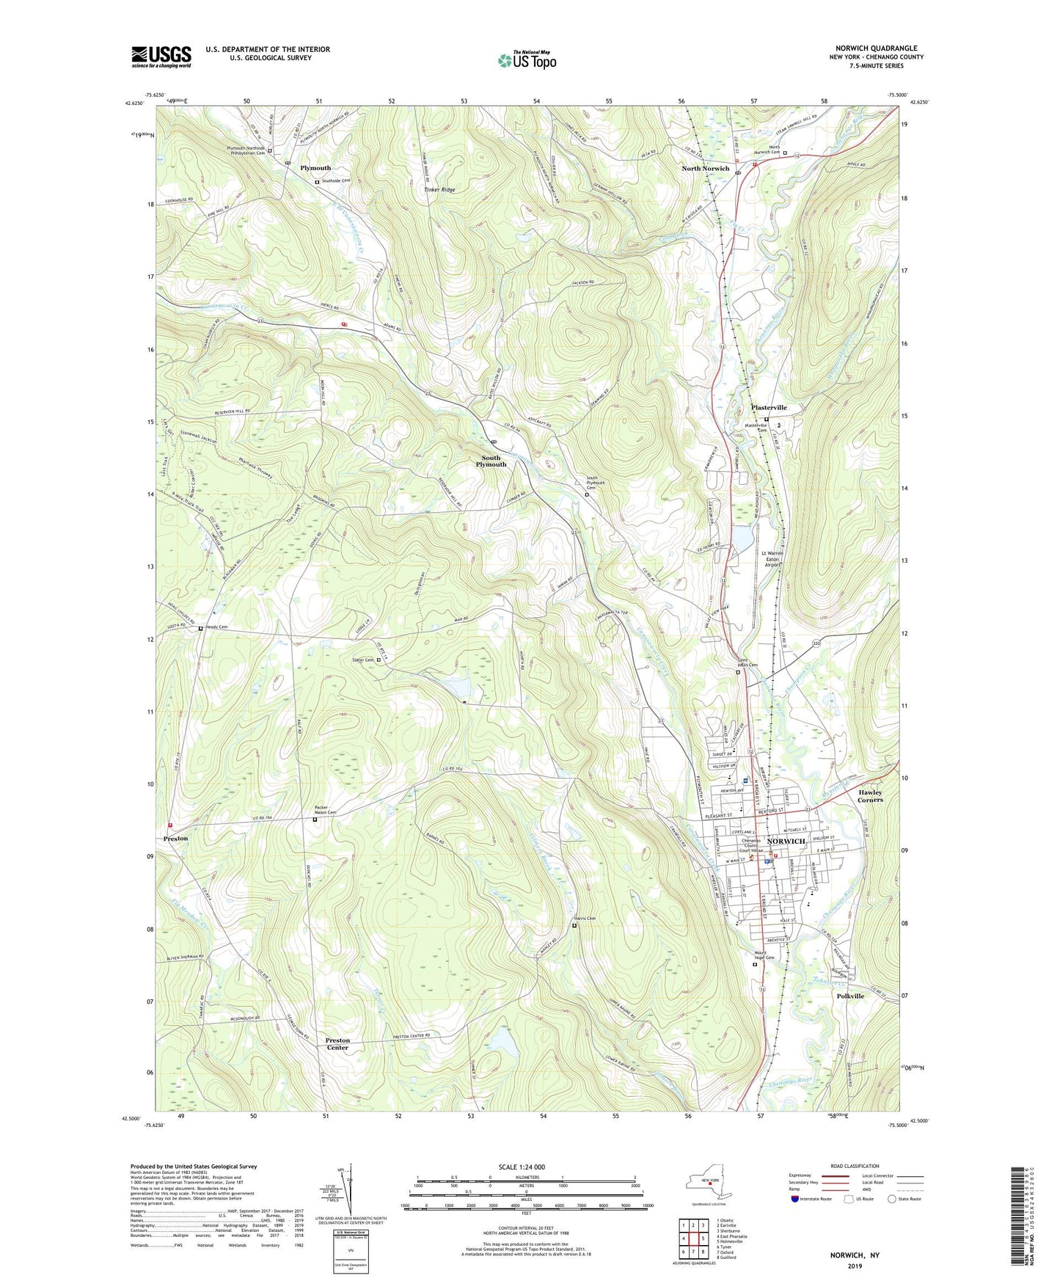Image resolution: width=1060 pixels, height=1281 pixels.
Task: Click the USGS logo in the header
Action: point(161,56)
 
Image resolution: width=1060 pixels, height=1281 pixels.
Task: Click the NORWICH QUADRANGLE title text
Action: point(875,48)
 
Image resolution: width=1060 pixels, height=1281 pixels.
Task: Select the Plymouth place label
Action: point(315,168)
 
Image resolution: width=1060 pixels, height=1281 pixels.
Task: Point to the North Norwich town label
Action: point(705,169)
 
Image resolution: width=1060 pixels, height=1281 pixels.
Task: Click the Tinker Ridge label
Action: point(439,190)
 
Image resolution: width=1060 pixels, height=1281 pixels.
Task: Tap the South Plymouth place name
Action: point(491,461)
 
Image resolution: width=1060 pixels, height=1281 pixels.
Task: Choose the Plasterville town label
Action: point(768,408)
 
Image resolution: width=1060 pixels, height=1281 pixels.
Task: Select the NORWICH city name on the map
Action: point(786,841)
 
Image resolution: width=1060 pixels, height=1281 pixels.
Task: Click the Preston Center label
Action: point(337,1044)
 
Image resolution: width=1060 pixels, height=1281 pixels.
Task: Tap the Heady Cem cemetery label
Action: point(216,627)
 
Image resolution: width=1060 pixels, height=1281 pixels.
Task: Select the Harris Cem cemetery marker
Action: point(574,926)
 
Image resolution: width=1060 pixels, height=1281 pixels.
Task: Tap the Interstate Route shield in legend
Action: point(794,1200)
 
